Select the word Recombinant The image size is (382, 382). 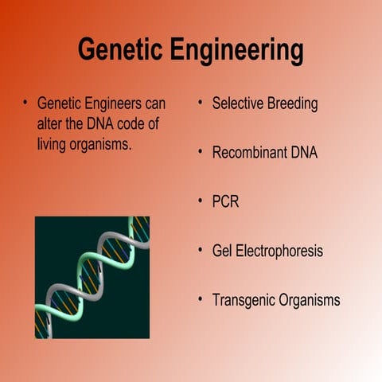(x=249, y=153)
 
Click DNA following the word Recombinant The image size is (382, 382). (x=303, y=153)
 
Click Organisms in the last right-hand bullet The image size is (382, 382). (x=310, y=301)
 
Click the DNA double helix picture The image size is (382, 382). (x=92, y=277)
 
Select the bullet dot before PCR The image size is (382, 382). (x=201, y=201)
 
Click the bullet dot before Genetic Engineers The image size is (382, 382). (x=25, y=103)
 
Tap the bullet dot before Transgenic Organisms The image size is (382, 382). (x=201, y=299)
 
